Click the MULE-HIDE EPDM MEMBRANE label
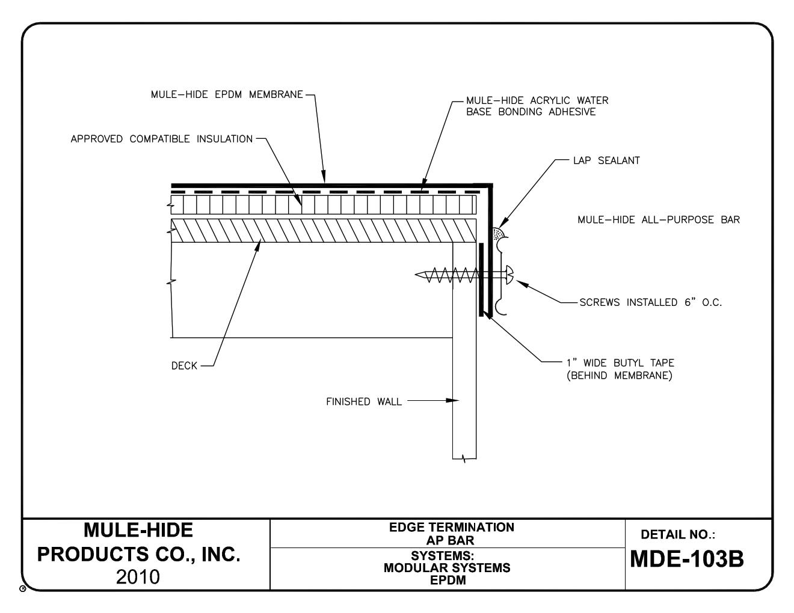(227, 94)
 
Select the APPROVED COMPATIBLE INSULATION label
(161, 139)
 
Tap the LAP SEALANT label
(606, 160)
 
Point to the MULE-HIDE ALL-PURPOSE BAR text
(659, 220)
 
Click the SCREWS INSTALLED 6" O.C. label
(650, 302)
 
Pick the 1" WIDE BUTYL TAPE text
(620, 363)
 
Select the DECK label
(184, 365)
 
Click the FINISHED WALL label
(363, 401)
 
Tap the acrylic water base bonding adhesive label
(537, 106)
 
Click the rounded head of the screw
(509, 275)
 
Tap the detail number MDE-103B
(686, 559)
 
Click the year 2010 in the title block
(138, 577)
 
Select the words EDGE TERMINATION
(451, 527)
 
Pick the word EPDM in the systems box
(447, 580)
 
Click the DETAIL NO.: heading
(677, 534)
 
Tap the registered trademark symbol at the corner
(22, 588)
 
